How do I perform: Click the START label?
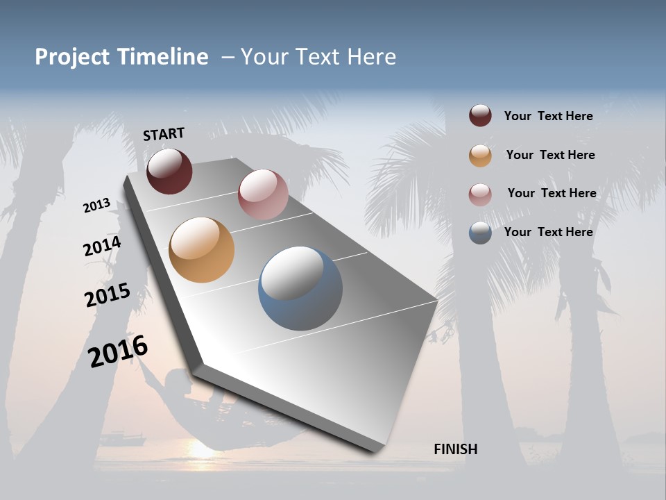coord(164,134)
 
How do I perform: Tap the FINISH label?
coord(455,449)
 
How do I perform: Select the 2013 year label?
coord(96,205)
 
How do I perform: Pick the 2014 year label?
coord(102,247)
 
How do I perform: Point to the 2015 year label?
coord(107,295)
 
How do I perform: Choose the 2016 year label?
coord(118,351)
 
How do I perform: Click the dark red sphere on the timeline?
coord(169,171)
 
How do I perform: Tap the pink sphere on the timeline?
coord(263,194)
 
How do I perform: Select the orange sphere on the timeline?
coord(201,250)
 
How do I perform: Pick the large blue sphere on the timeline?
coord(300,288)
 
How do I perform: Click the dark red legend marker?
coord(480,115)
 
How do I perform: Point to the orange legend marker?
coord(480,156)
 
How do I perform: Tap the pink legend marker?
coord(480,194)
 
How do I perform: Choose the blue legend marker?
coord(480,233)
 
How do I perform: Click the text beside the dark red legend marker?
coord(548,116)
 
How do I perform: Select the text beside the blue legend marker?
coord(548,232)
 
